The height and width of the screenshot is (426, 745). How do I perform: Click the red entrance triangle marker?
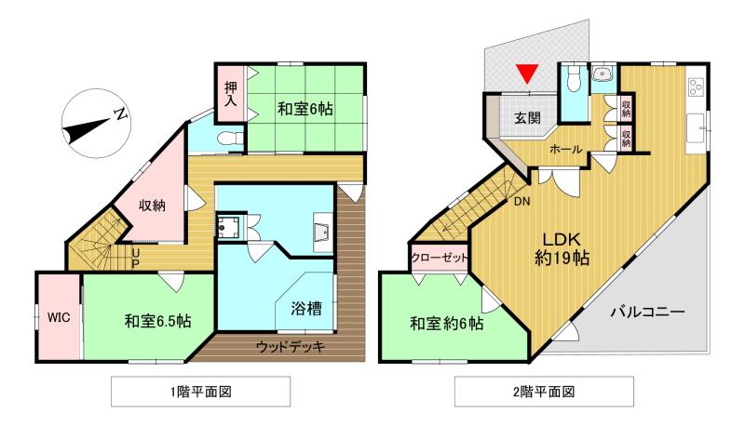[528, 74]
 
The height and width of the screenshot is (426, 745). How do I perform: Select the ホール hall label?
[566, 149]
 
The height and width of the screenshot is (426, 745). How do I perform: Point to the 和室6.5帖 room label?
[158, 322]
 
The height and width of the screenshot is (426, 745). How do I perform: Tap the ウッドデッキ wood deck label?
[288, 347]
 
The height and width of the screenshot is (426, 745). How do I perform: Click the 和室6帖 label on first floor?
[305, 109]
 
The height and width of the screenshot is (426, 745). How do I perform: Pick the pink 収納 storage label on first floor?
[153, 206]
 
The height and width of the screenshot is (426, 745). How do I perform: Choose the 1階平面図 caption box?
[199, 391]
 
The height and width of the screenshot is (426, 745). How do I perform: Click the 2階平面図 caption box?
[544, 391]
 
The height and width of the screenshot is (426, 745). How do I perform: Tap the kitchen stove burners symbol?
[695, 87]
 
